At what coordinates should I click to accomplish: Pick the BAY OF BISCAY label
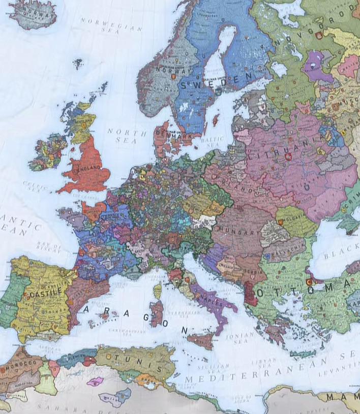click(x=49, y=247)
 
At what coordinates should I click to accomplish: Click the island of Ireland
click(x=47, y=151)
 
